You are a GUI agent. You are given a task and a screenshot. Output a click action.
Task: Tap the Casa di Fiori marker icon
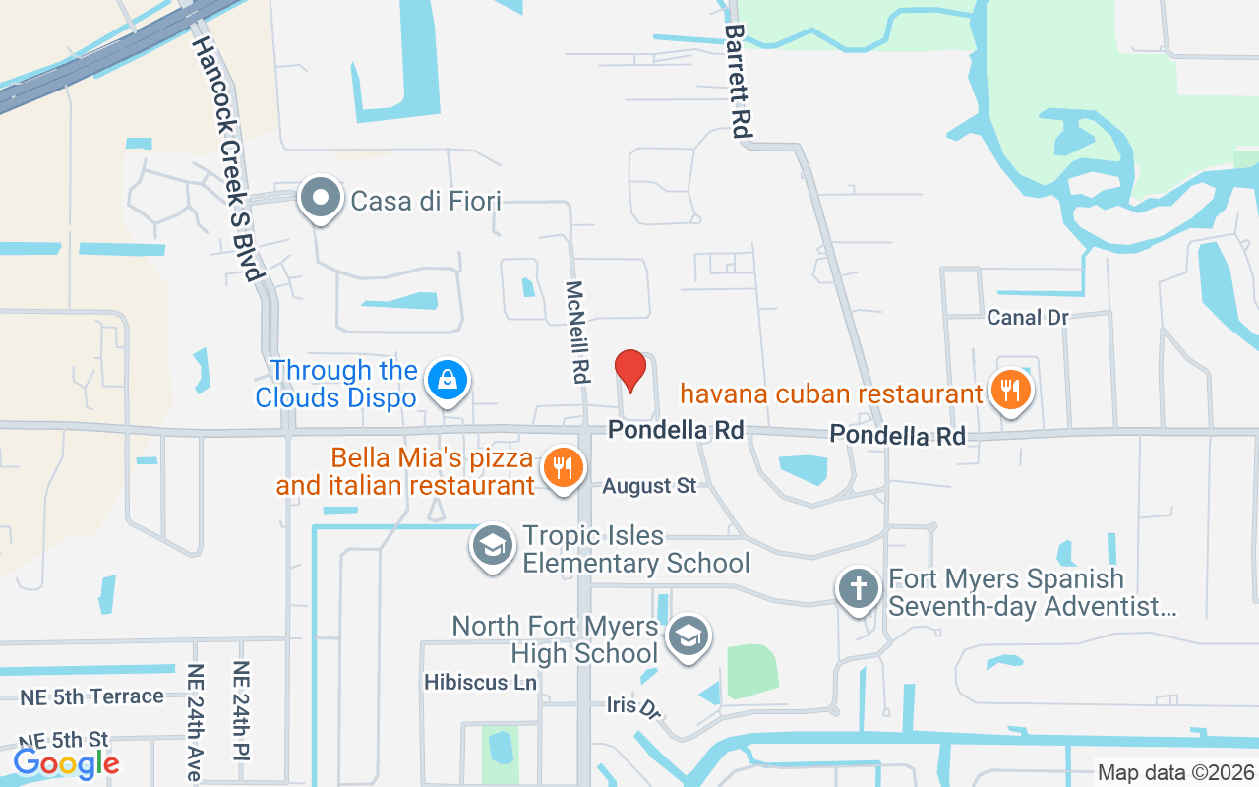pyautogui.click(x=320, y=199)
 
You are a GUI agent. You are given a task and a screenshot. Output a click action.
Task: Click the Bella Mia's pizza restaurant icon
pyautogui.click(x=562, y=465)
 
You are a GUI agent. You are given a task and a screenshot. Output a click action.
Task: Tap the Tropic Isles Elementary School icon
pyautogui.click(x=492, y=545)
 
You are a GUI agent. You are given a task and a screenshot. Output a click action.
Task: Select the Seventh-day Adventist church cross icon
pyautogui.click(x=858, y=588)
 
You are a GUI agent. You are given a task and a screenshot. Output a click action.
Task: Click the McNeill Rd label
pyautogui.click(x=577, y=332)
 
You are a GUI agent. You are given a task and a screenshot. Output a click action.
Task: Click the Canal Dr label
pyautogui.click(x=1028, y=318)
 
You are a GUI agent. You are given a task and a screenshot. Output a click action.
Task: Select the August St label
pyautogui.click(x=649, y=486)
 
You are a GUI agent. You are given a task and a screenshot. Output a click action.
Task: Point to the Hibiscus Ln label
pyautogui.click(x=480, y=682)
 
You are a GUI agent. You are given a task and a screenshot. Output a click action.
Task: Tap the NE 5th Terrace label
pyautogui.click(x=92, y=696)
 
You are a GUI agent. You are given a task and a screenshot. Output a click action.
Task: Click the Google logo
pyautogui.click(x=66, y=762)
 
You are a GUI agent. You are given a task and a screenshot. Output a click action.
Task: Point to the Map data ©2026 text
pyautogui.click(x=1175, y=773)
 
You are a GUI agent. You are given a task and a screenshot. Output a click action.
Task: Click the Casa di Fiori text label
pyautogui.click(x=426, y=202)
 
